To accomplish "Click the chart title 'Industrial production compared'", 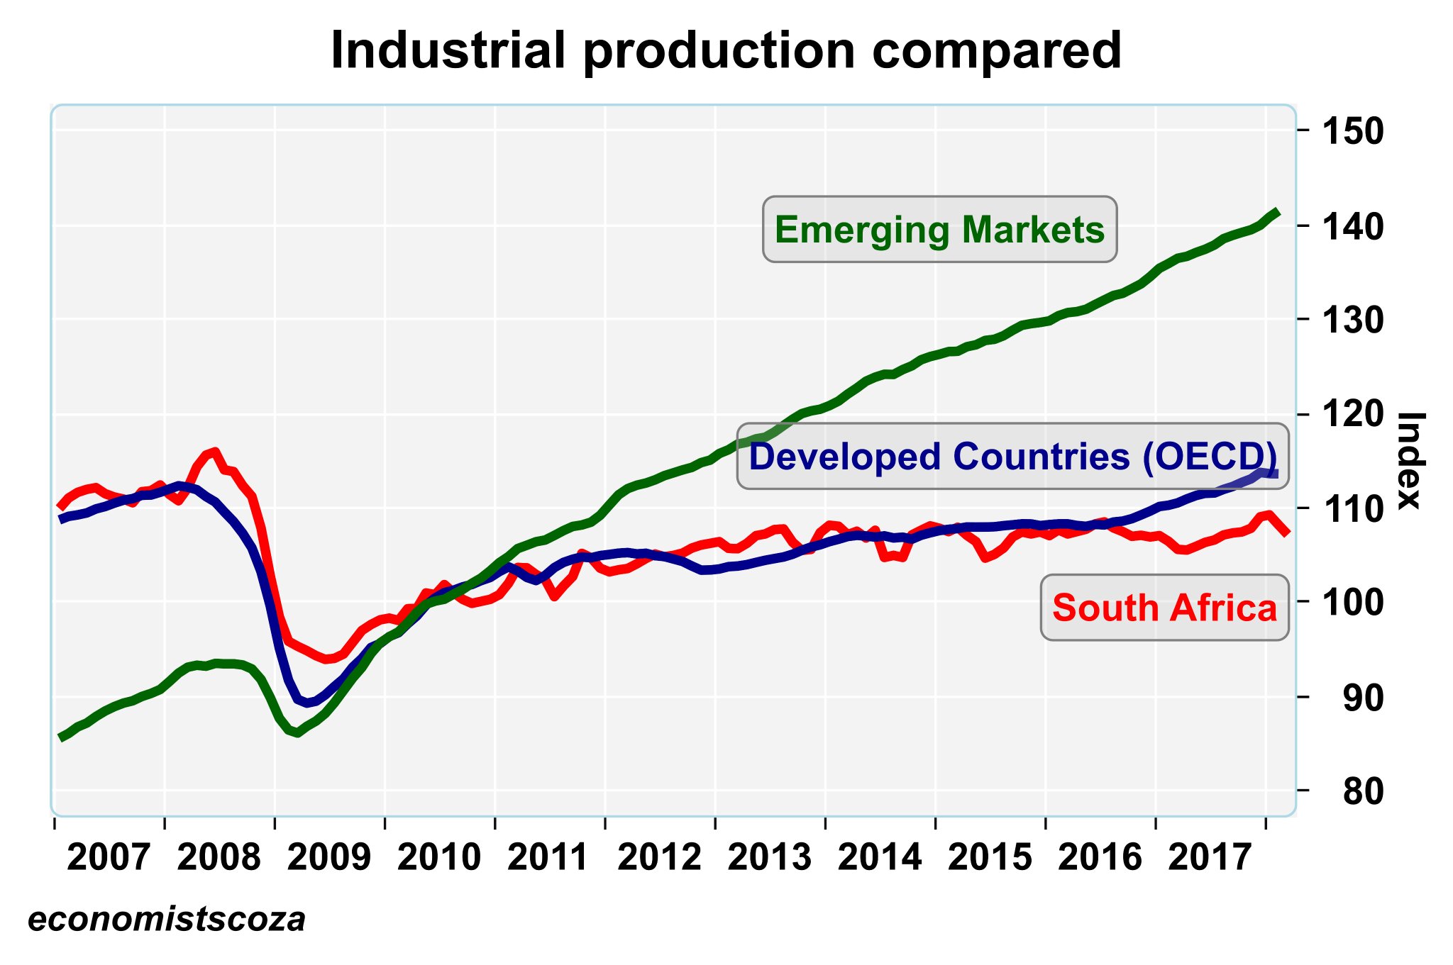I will [x=726, y=51].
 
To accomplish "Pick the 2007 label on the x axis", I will [x=109, y=859].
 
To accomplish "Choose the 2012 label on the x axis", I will [x=660, y=859].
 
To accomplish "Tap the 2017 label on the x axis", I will [x=1210, y=859].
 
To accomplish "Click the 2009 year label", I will [x=329, y=859].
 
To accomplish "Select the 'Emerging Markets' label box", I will [x=939, y=230].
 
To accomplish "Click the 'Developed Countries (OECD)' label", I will [x=1012, y=457].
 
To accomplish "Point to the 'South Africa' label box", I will [x=1164, y=608].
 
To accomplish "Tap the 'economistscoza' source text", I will [x=167, y=920].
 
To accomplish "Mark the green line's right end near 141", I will [x=1276, y=212].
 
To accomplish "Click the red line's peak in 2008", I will [x=214, y=451].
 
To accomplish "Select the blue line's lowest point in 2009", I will [x=307, y=703].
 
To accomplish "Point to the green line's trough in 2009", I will [x=297, y=733].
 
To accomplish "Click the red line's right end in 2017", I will [x=1287, y=532].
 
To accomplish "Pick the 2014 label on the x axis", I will [x=880, y=859].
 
